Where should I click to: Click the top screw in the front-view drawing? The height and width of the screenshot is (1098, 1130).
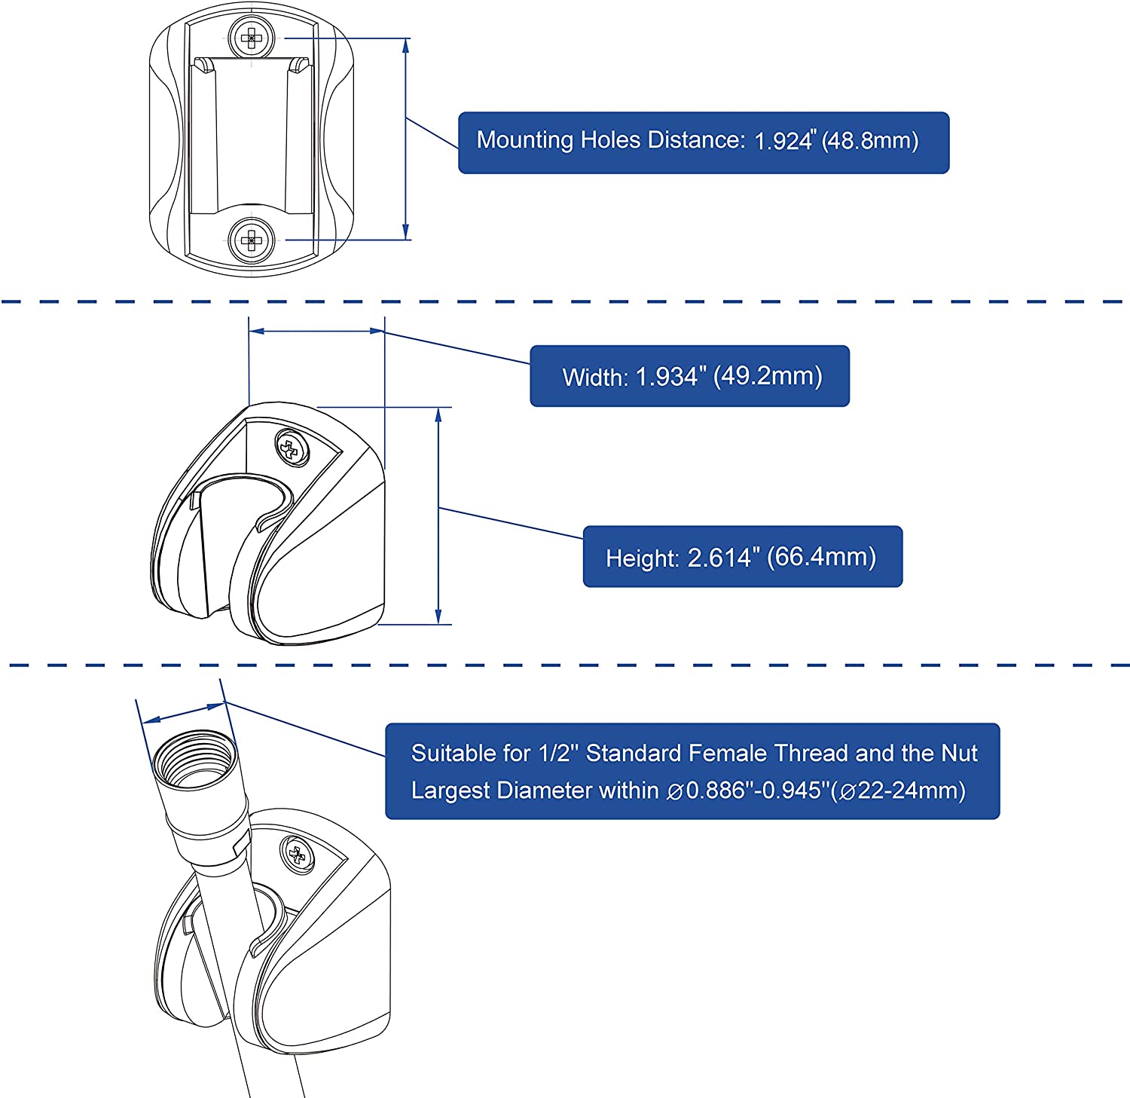coord(251,37)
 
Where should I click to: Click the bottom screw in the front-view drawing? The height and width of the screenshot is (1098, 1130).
coord(251,241)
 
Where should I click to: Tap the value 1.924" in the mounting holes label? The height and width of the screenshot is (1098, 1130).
coord(784,141)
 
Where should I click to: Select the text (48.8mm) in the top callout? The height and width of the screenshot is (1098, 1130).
coord(870,141)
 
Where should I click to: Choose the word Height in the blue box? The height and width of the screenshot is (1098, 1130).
coord(642,558)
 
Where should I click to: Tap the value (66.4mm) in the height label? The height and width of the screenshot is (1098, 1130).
coord(821,558)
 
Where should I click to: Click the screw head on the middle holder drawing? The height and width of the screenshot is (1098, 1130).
coord(292,448)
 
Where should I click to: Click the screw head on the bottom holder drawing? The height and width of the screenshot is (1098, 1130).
coord(298,855)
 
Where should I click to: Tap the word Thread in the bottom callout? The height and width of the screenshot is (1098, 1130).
coord(811,754)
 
